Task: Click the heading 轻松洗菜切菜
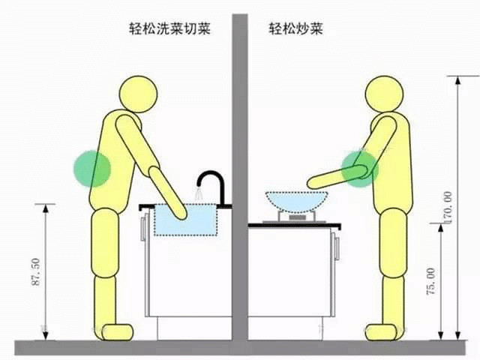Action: coord(170,29)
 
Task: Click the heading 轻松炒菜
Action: coord(296,29)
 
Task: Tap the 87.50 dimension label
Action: coord(36,271)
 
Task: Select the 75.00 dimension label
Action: coord(431,281)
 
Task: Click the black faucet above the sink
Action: coord(213,188)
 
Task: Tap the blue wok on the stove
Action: coord(296,202)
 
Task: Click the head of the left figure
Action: coord(138,94)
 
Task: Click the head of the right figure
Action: coord(384,94)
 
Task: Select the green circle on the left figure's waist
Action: coord(92,169)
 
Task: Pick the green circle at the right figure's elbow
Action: coord(360,169)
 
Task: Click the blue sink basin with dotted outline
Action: coord(185,219)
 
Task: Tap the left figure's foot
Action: coord(118,332)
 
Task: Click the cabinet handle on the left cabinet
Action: coord(143,228)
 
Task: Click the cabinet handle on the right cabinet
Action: coord(337,248)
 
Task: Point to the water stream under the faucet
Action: coord(199,195)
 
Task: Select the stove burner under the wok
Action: coord(297,217)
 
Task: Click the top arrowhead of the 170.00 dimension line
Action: coord(457,80)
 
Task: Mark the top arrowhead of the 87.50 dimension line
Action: coord(46,208)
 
